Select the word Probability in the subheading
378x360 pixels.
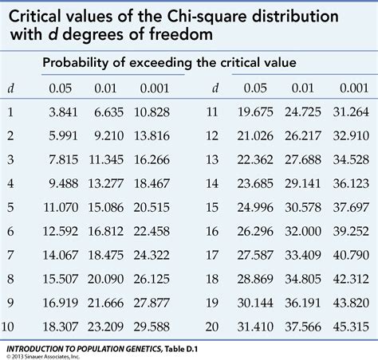[77, 63]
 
